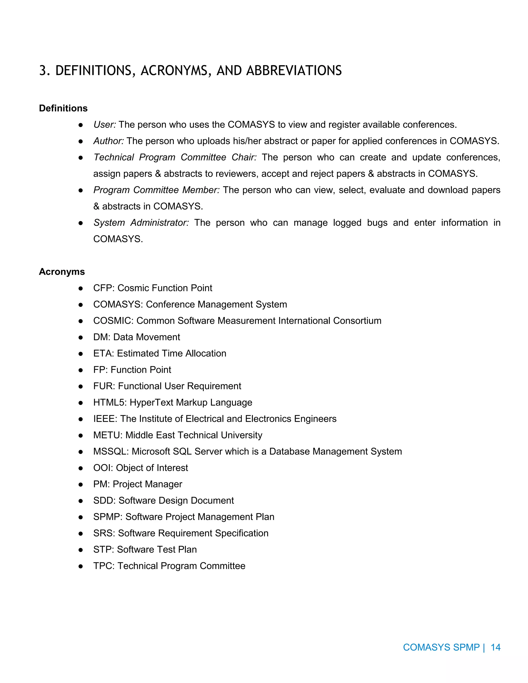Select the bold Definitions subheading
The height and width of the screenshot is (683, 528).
tap(63, 108)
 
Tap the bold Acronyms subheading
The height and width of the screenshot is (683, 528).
tap(62, 271)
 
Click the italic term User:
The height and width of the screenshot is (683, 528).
tap(104, 124)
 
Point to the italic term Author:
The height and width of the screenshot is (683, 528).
tap(109, 141)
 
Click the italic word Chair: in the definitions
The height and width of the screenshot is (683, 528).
tap(244, 157)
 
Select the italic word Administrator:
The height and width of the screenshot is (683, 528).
tap(160, 223)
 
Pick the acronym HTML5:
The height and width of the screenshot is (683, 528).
tap(110, 403)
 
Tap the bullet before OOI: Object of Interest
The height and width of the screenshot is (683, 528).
tap(81, 468)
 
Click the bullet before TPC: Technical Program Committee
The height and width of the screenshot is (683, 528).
tap(81, 566)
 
